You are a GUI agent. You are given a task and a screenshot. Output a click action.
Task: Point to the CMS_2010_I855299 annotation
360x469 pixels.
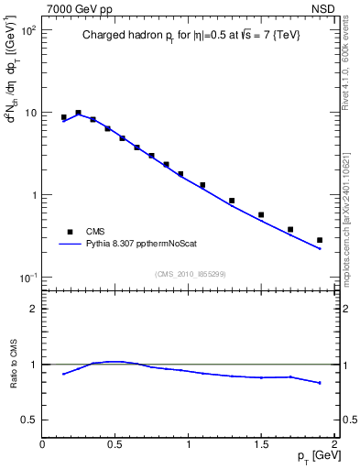click(x=190, y=274)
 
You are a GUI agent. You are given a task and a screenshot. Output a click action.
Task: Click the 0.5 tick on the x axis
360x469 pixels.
click(x=115, y=444)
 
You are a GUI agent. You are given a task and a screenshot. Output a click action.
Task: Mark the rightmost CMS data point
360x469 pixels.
click(x=320, y=240)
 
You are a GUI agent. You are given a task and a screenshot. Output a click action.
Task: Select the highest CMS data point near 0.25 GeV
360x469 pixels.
click(x=79, y=113)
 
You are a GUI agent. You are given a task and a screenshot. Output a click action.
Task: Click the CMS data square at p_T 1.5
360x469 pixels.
click(x=261, y=214)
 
